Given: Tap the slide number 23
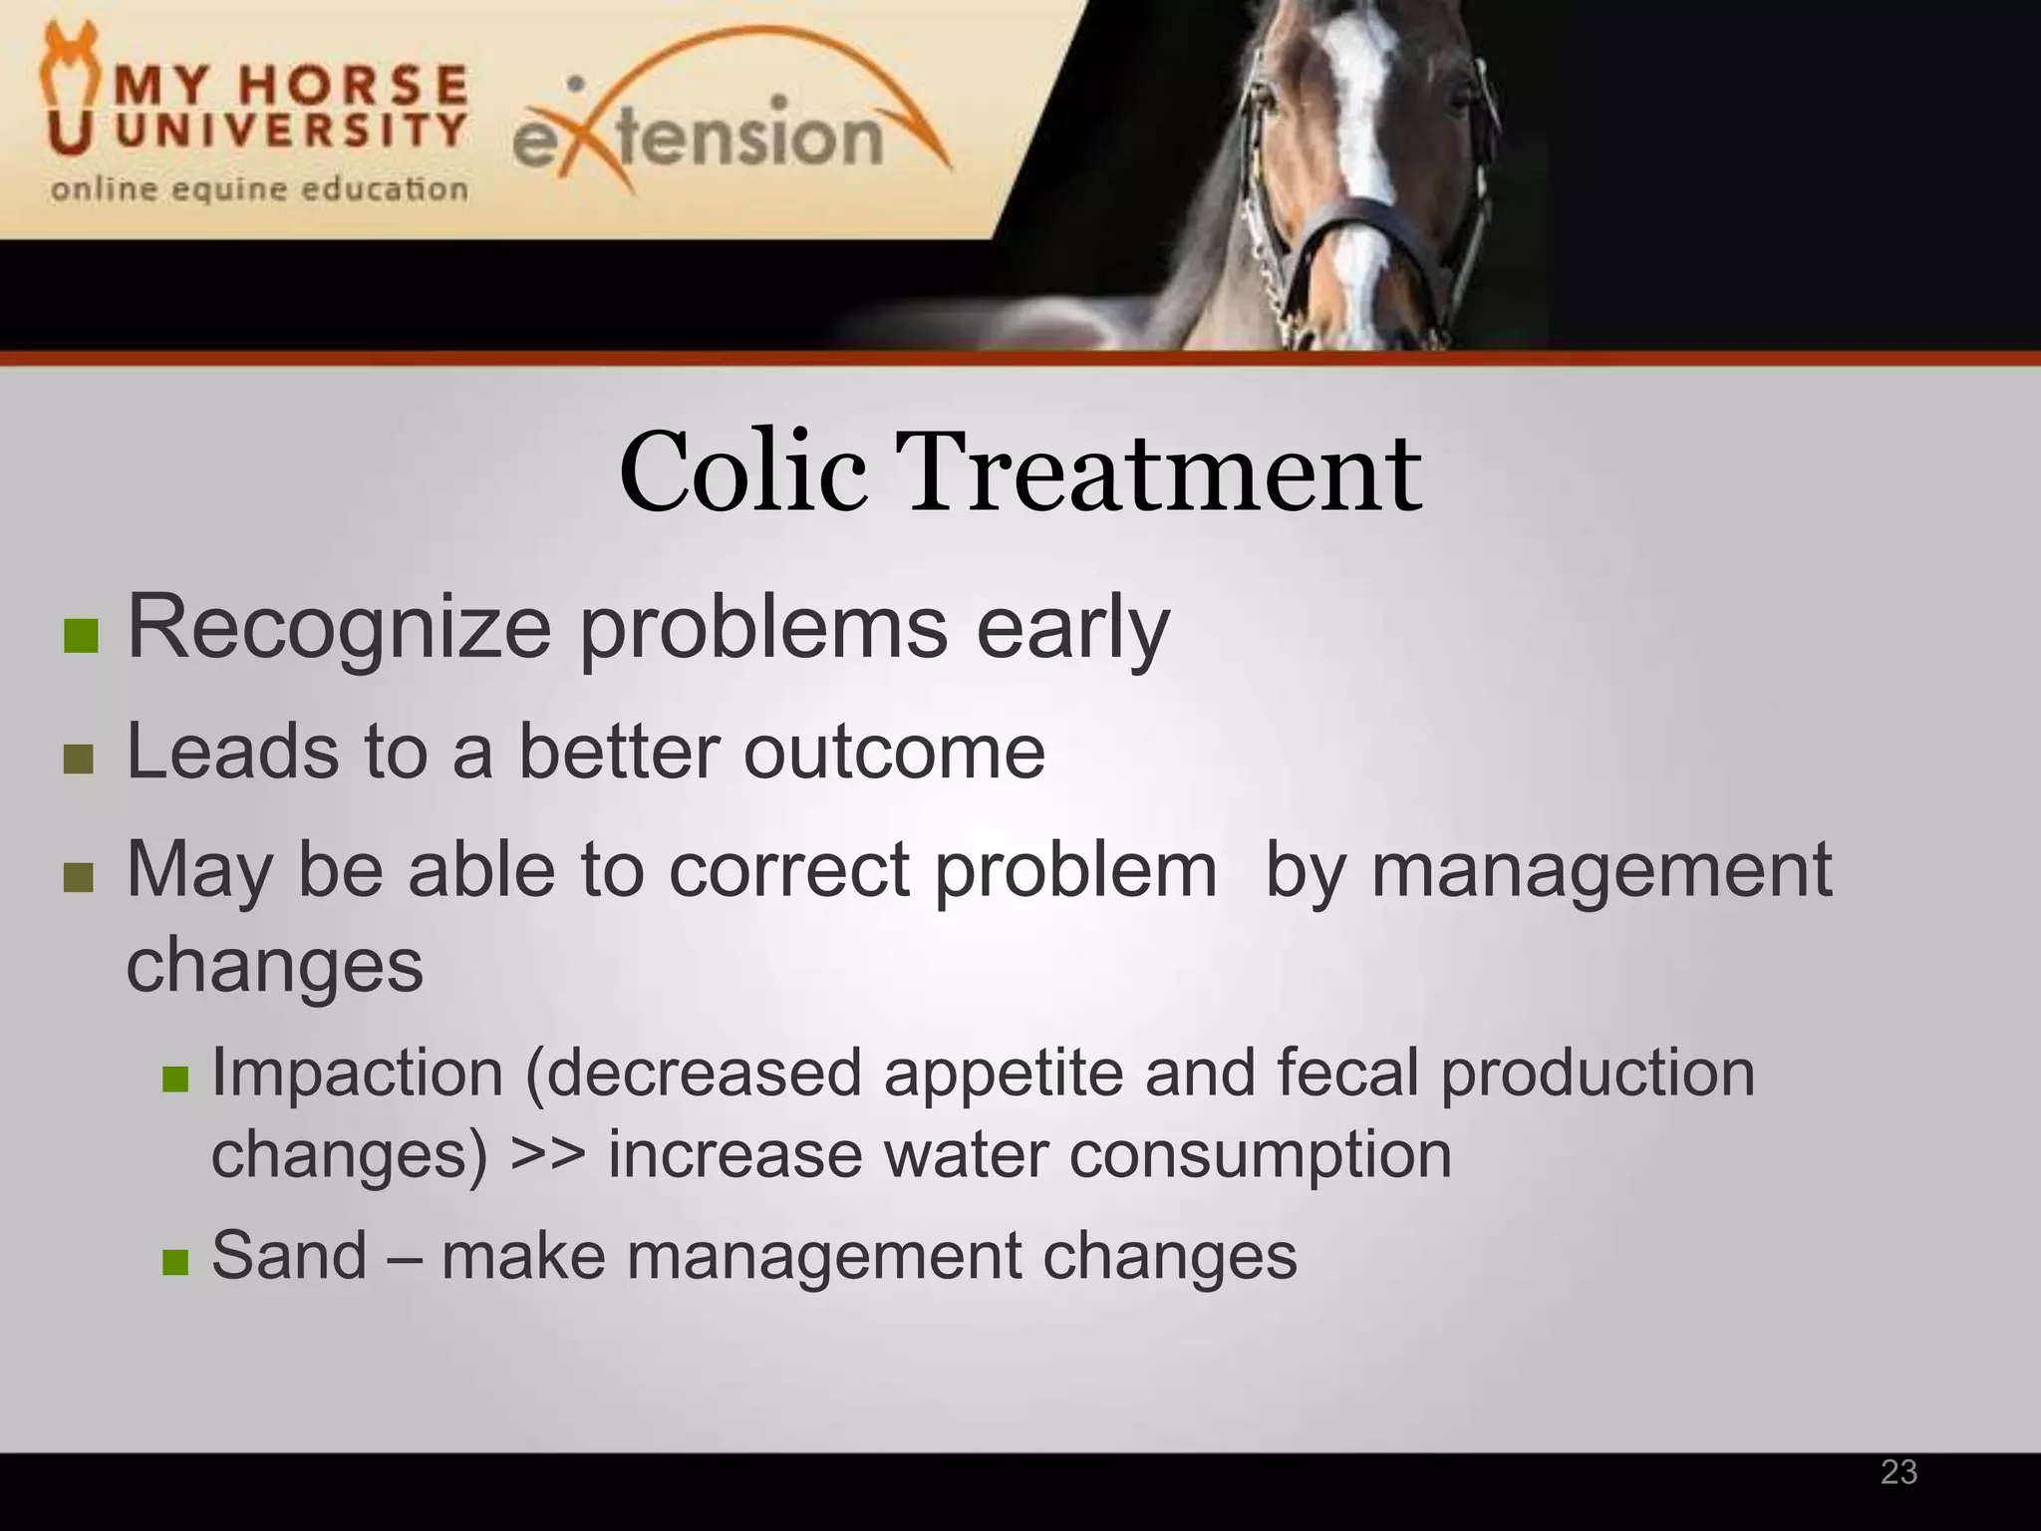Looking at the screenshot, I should [1898, 1472].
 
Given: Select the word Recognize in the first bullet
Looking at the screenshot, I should [339, 628].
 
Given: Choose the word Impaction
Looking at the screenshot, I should [357, 1073].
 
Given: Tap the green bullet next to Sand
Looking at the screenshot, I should [175, 1262].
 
